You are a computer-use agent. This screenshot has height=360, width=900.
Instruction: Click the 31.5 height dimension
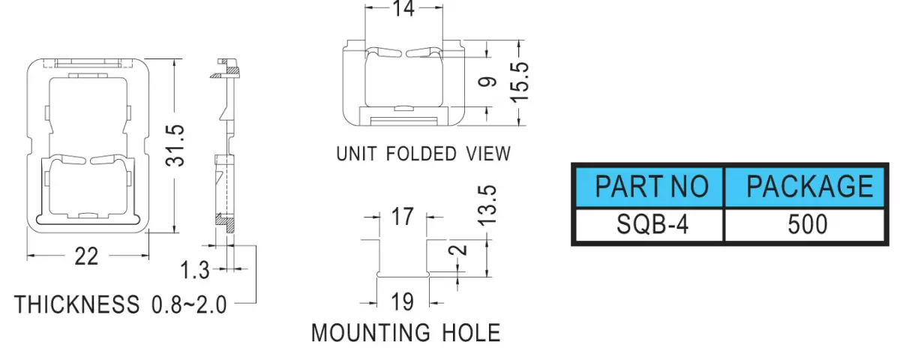175,145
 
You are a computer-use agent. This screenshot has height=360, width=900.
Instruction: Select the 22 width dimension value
86,256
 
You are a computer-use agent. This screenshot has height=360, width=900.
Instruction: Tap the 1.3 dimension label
195,269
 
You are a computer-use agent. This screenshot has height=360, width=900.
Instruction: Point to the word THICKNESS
76,304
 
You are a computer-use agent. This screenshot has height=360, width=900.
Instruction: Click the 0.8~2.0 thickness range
189,304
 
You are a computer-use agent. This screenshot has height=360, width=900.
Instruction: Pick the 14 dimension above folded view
403,8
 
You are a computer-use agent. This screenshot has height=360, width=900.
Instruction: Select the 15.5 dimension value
520,82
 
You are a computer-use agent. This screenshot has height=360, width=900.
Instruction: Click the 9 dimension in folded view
487,82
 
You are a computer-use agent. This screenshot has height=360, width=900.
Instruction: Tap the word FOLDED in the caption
421,154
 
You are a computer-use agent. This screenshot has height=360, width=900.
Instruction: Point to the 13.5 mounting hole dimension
488,205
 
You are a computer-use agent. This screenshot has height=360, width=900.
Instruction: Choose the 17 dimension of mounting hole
403,217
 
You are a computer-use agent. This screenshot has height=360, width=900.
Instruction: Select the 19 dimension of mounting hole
402,301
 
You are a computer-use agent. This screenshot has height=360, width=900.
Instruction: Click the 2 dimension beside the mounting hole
458,250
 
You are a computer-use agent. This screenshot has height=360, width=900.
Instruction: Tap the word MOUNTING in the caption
370,333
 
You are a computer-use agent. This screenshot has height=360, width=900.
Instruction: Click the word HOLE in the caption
471,333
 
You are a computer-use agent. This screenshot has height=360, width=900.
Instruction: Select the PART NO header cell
649,187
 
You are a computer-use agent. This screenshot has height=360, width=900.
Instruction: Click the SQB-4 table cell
649,224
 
